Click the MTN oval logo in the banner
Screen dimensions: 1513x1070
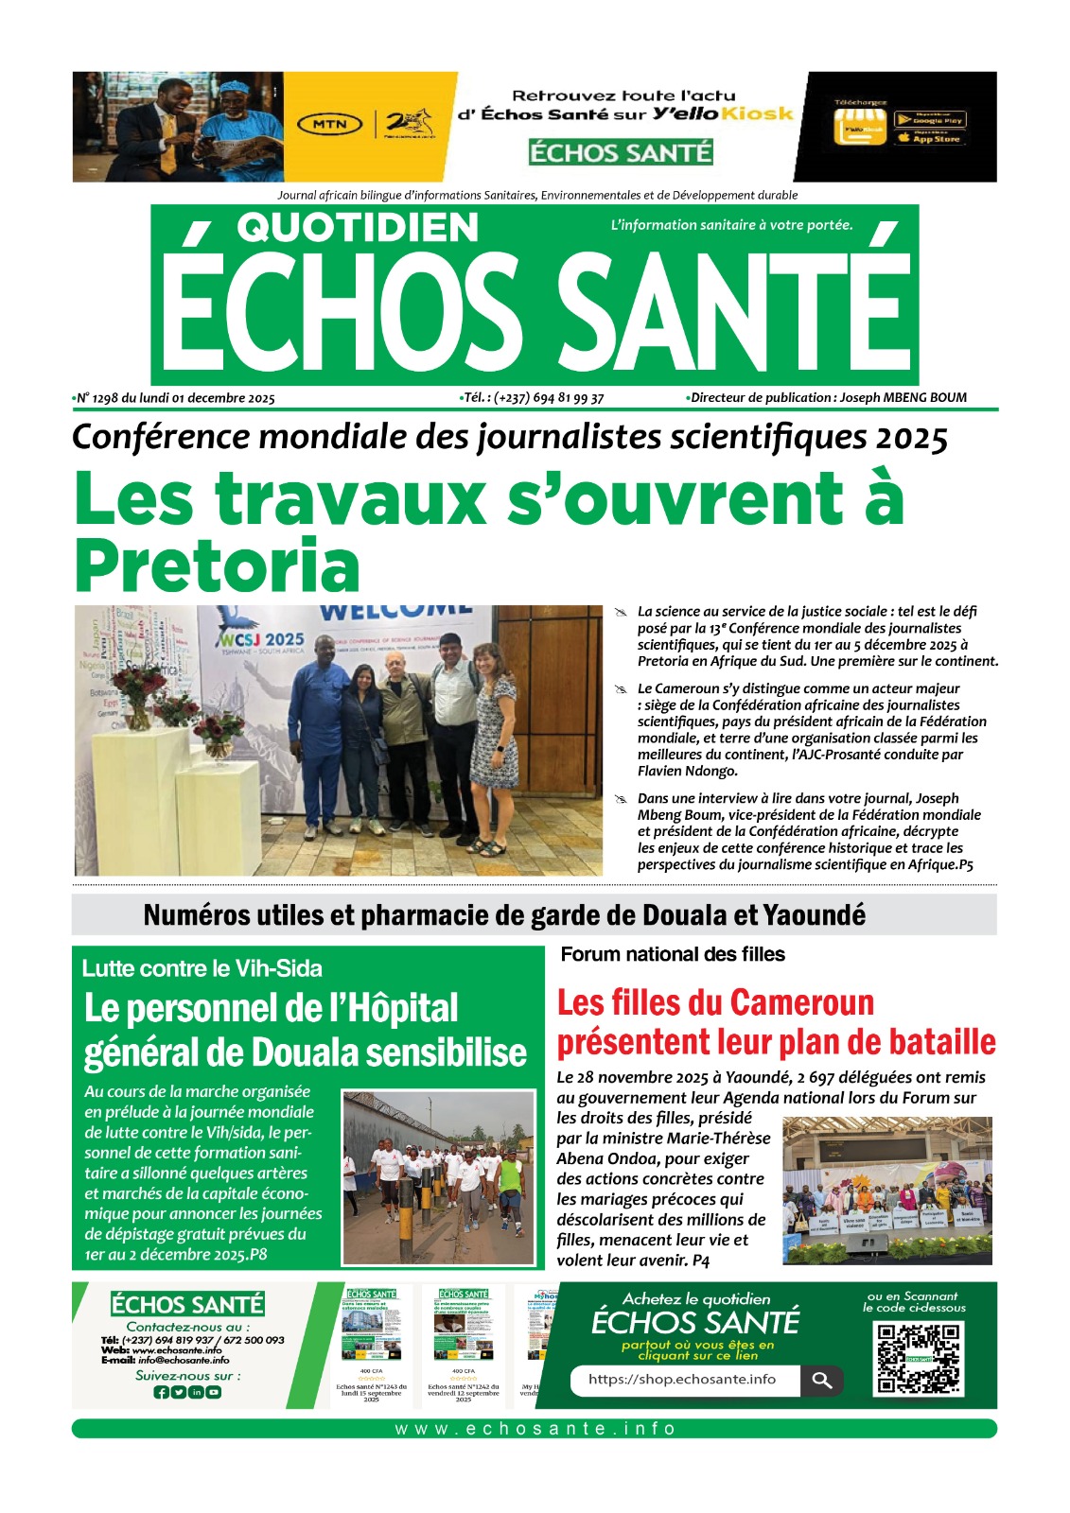click(330, 124)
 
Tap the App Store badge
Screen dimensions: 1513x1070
click(929, 138)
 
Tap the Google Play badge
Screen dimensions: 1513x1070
click(929, 120)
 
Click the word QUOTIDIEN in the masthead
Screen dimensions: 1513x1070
click(358, 228)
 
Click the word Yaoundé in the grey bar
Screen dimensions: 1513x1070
click(814, 915)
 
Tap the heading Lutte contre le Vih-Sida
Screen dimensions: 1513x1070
click(202, 968)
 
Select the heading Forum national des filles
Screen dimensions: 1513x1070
click(673, 954)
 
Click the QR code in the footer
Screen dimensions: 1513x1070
click(918, 1358)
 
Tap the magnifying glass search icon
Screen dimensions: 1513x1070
click(821, 1381)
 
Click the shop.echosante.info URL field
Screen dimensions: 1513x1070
click(683, 1380)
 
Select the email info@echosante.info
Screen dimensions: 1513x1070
click(184, 1360)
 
